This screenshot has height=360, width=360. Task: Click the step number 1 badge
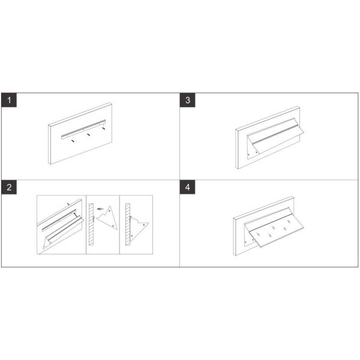tap(9, 100)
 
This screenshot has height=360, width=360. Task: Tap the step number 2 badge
tap(9, 187)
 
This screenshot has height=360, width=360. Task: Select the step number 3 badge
tap(188, 100)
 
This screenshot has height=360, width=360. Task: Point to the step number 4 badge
tap(188, 187)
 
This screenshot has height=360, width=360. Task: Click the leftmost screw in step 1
tap(73, 140)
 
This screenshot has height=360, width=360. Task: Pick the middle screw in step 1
tap(88, 134)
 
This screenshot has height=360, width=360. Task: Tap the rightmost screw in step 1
tap(104, 128)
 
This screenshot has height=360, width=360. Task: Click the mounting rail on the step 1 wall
tap(83, 129)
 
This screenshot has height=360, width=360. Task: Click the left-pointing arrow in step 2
tap(100, 209)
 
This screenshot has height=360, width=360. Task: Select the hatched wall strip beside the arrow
tap(91, 224)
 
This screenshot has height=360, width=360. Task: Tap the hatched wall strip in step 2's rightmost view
tap(128, 224)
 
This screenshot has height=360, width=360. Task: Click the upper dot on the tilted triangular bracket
tap(110, 210)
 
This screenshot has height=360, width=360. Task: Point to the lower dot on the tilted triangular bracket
tap(113, 226)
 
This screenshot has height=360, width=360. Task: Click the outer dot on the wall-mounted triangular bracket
tap(144, 225)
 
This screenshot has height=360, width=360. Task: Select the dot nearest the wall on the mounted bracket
tap(132, 236)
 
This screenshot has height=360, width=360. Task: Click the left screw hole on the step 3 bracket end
tap(249, 155)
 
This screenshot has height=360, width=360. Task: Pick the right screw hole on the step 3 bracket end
tap(256, 152)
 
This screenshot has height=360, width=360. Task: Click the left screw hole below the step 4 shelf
tap(246, 242)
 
